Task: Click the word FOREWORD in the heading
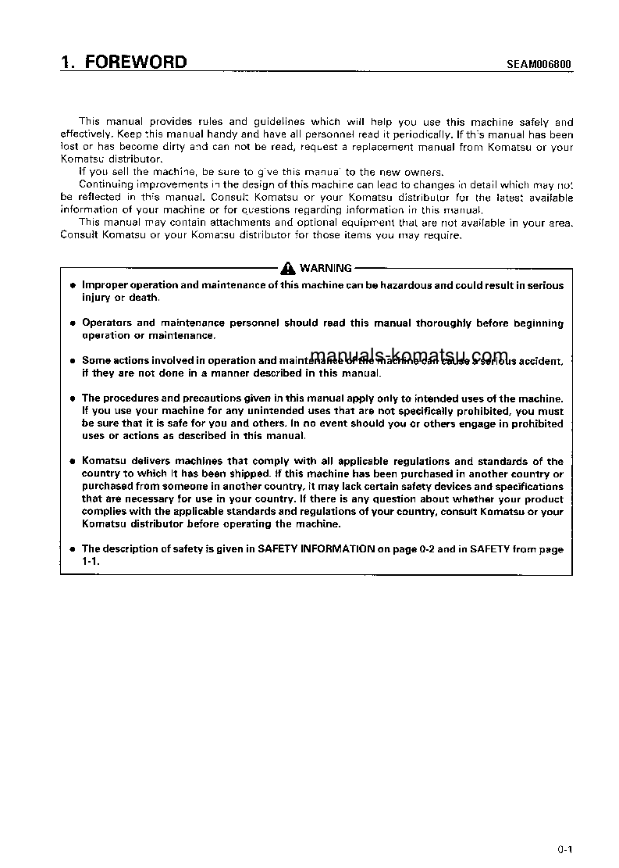[136, 62]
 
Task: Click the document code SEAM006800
[535, 64]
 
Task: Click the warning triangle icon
[290, 268]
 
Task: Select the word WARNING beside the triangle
[326, 268]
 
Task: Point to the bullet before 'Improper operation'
[71, 287]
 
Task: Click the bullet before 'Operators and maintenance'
[71, 323]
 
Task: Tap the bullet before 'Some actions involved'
[71, 361]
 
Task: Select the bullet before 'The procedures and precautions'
[71, 398]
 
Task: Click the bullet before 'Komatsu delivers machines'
[71, 462]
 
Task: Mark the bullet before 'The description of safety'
[71, 549]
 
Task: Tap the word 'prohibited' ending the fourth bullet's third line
[535, 423]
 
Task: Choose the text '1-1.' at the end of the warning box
[91, 561]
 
